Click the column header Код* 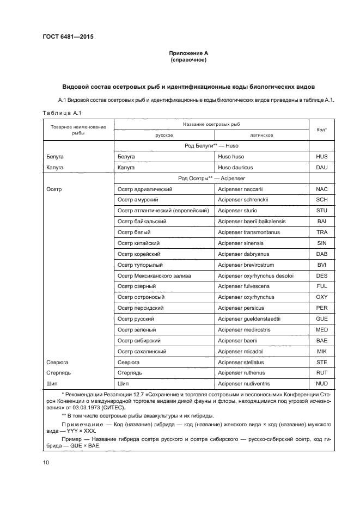(x=321, y=130)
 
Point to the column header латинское (x=261, y=134)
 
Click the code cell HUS (x=321, y=157)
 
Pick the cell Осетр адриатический (x=145, y=189)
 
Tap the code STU (x=321, y=211)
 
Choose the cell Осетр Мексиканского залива (x=154, y=275)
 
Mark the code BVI (x=321, y=265)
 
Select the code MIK (x=321, y=351)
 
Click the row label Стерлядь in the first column (x=58, y=373)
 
